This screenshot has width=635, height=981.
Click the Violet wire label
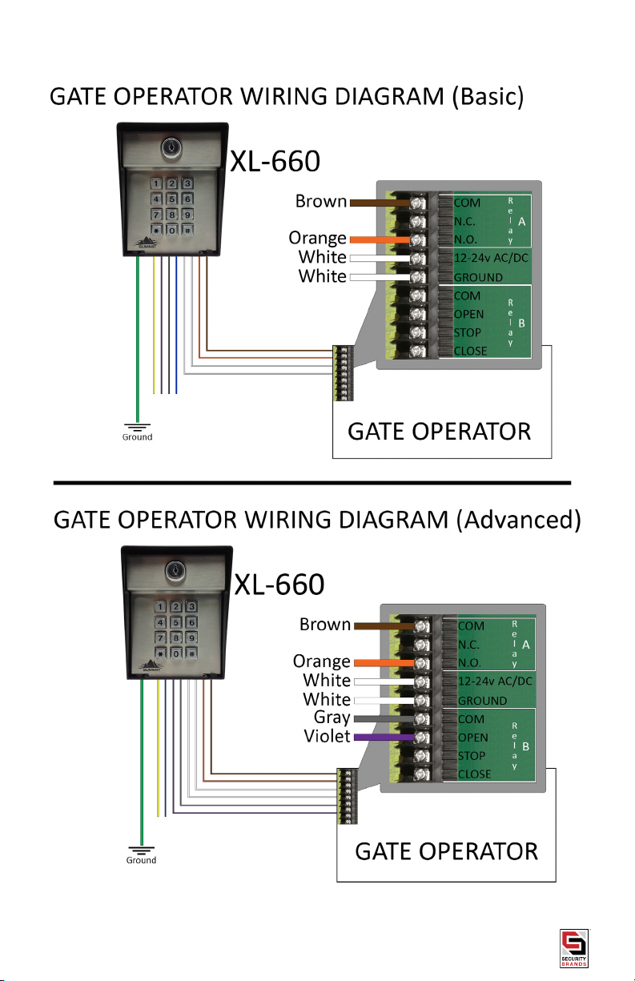point(327,736)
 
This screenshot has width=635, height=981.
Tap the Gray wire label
point(332,718)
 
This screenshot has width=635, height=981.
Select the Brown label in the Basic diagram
point(320,203)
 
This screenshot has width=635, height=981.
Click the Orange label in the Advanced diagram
point(322,661)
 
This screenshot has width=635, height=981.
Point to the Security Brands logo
point(573,949)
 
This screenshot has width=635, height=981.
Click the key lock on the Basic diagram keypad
point(171,148)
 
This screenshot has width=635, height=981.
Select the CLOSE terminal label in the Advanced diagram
point(476,774)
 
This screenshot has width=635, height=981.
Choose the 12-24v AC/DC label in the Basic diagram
point(490,259)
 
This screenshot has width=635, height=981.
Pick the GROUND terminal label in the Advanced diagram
point(482,699)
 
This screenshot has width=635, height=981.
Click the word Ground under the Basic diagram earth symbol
point(137,437)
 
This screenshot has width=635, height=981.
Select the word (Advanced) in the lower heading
point(518,521)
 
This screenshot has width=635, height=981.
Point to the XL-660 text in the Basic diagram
point(275,163)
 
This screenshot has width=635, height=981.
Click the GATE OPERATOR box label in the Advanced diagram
point(446,851)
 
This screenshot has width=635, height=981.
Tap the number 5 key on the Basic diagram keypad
point(171,199)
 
